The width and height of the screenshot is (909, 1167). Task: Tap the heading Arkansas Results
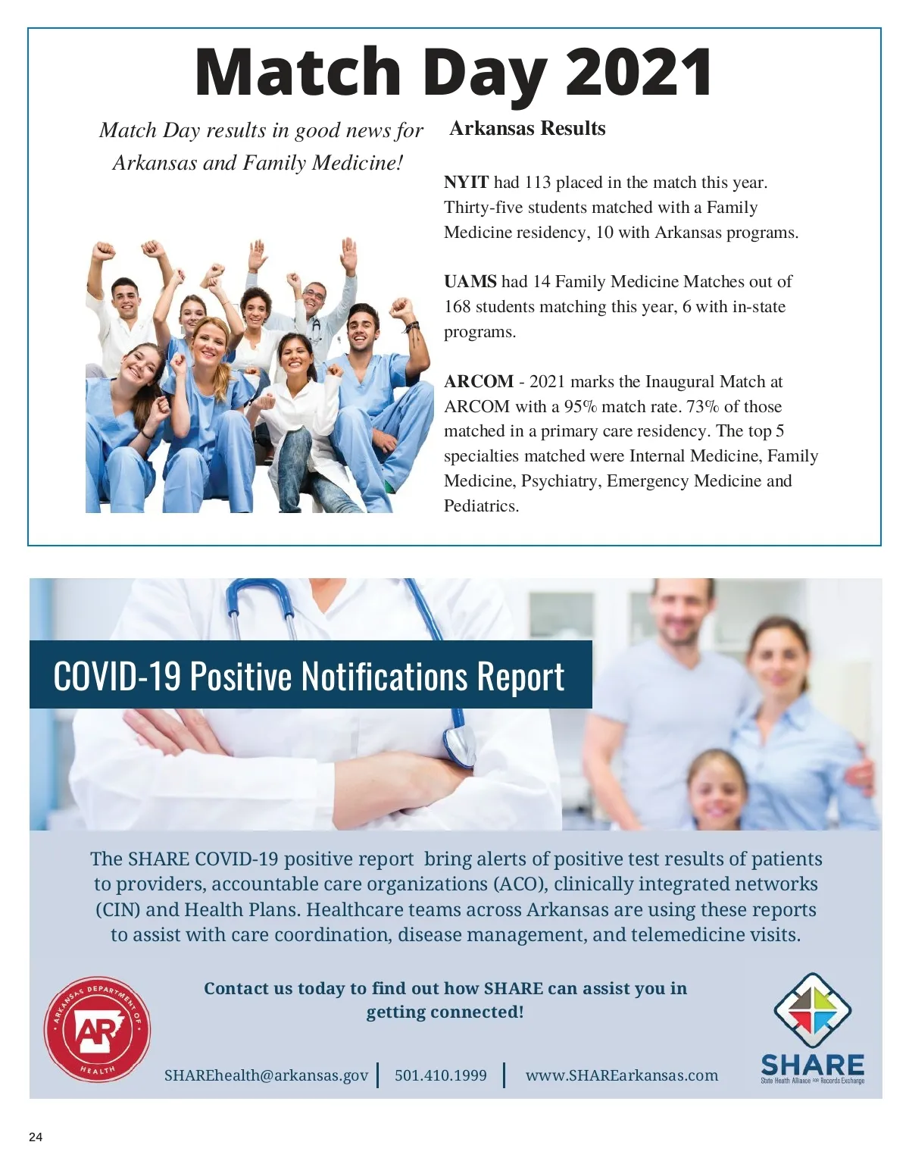click(x=527, y=128)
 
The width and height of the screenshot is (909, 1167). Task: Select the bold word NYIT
click(x=466, y=183)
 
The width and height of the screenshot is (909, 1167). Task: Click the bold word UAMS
click(x=470, y=281)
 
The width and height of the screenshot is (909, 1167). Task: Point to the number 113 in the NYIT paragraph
click(x=537, y=183)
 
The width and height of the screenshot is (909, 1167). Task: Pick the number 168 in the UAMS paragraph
click(x=458, y=307)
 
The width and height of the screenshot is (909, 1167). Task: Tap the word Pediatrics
click(x=481, y=506)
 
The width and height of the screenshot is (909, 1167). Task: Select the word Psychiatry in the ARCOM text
click(x=561, y=481)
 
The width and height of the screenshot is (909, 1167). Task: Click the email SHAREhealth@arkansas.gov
click(x=266, y=1075)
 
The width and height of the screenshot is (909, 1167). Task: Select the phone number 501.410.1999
click(x=441, y=1075)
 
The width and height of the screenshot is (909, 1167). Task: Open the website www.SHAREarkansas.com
click(x=621, y=1075)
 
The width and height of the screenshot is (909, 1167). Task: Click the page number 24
click(x=36, y=1137)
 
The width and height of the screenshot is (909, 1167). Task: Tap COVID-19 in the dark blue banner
click(x=117, y=676)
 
